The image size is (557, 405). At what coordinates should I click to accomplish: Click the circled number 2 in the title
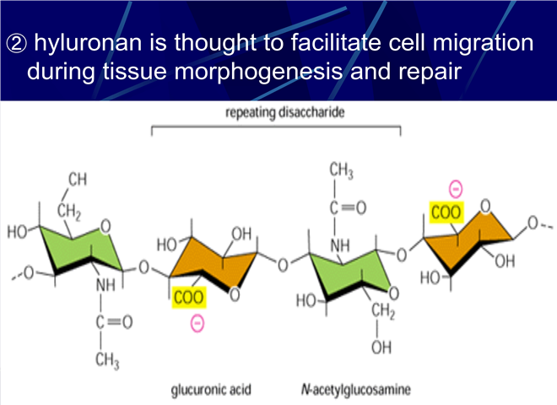[16, 44]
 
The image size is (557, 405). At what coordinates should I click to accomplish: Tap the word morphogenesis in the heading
[258, 73]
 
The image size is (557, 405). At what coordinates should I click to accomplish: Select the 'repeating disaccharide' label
[285, 112]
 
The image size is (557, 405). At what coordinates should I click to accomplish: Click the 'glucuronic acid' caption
[211, 390]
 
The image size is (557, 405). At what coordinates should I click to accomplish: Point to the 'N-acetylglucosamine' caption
[355, 390]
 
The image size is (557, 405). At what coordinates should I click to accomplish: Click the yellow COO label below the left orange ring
[189, 297]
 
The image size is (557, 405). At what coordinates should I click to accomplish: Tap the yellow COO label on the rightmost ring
[446, 213]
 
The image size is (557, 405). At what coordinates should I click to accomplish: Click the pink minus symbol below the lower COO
[197, 323]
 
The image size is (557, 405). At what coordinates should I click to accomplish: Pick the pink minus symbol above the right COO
[456, 189]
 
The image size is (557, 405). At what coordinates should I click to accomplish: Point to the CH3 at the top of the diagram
[341, 170]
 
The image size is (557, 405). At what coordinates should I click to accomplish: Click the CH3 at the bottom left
[107, 360]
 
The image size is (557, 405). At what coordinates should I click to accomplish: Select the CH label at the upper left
[78, 180]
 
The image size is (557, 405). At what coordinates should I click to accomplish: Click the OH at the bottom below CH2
[381, 347]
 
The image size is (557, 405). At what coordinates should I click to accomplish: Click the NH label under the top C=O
[340, 246]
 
